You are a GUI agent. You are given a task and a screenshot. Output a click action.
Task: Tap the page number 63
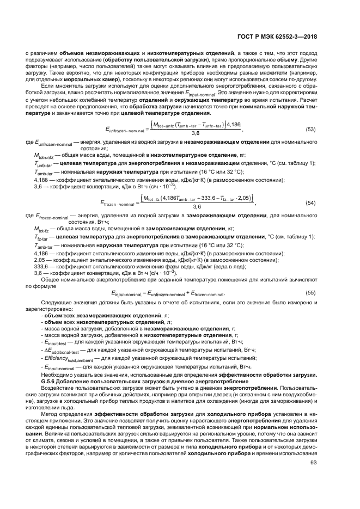point(313,479)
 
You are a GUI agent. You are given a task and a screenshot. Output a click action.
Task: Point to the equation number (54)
point(311,203)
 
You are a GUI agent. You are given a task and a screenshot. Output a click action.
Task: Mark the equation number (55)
point(311,293)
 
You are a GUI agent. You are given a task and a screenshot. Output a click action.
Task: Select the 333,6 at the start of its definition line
point(41,267)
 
